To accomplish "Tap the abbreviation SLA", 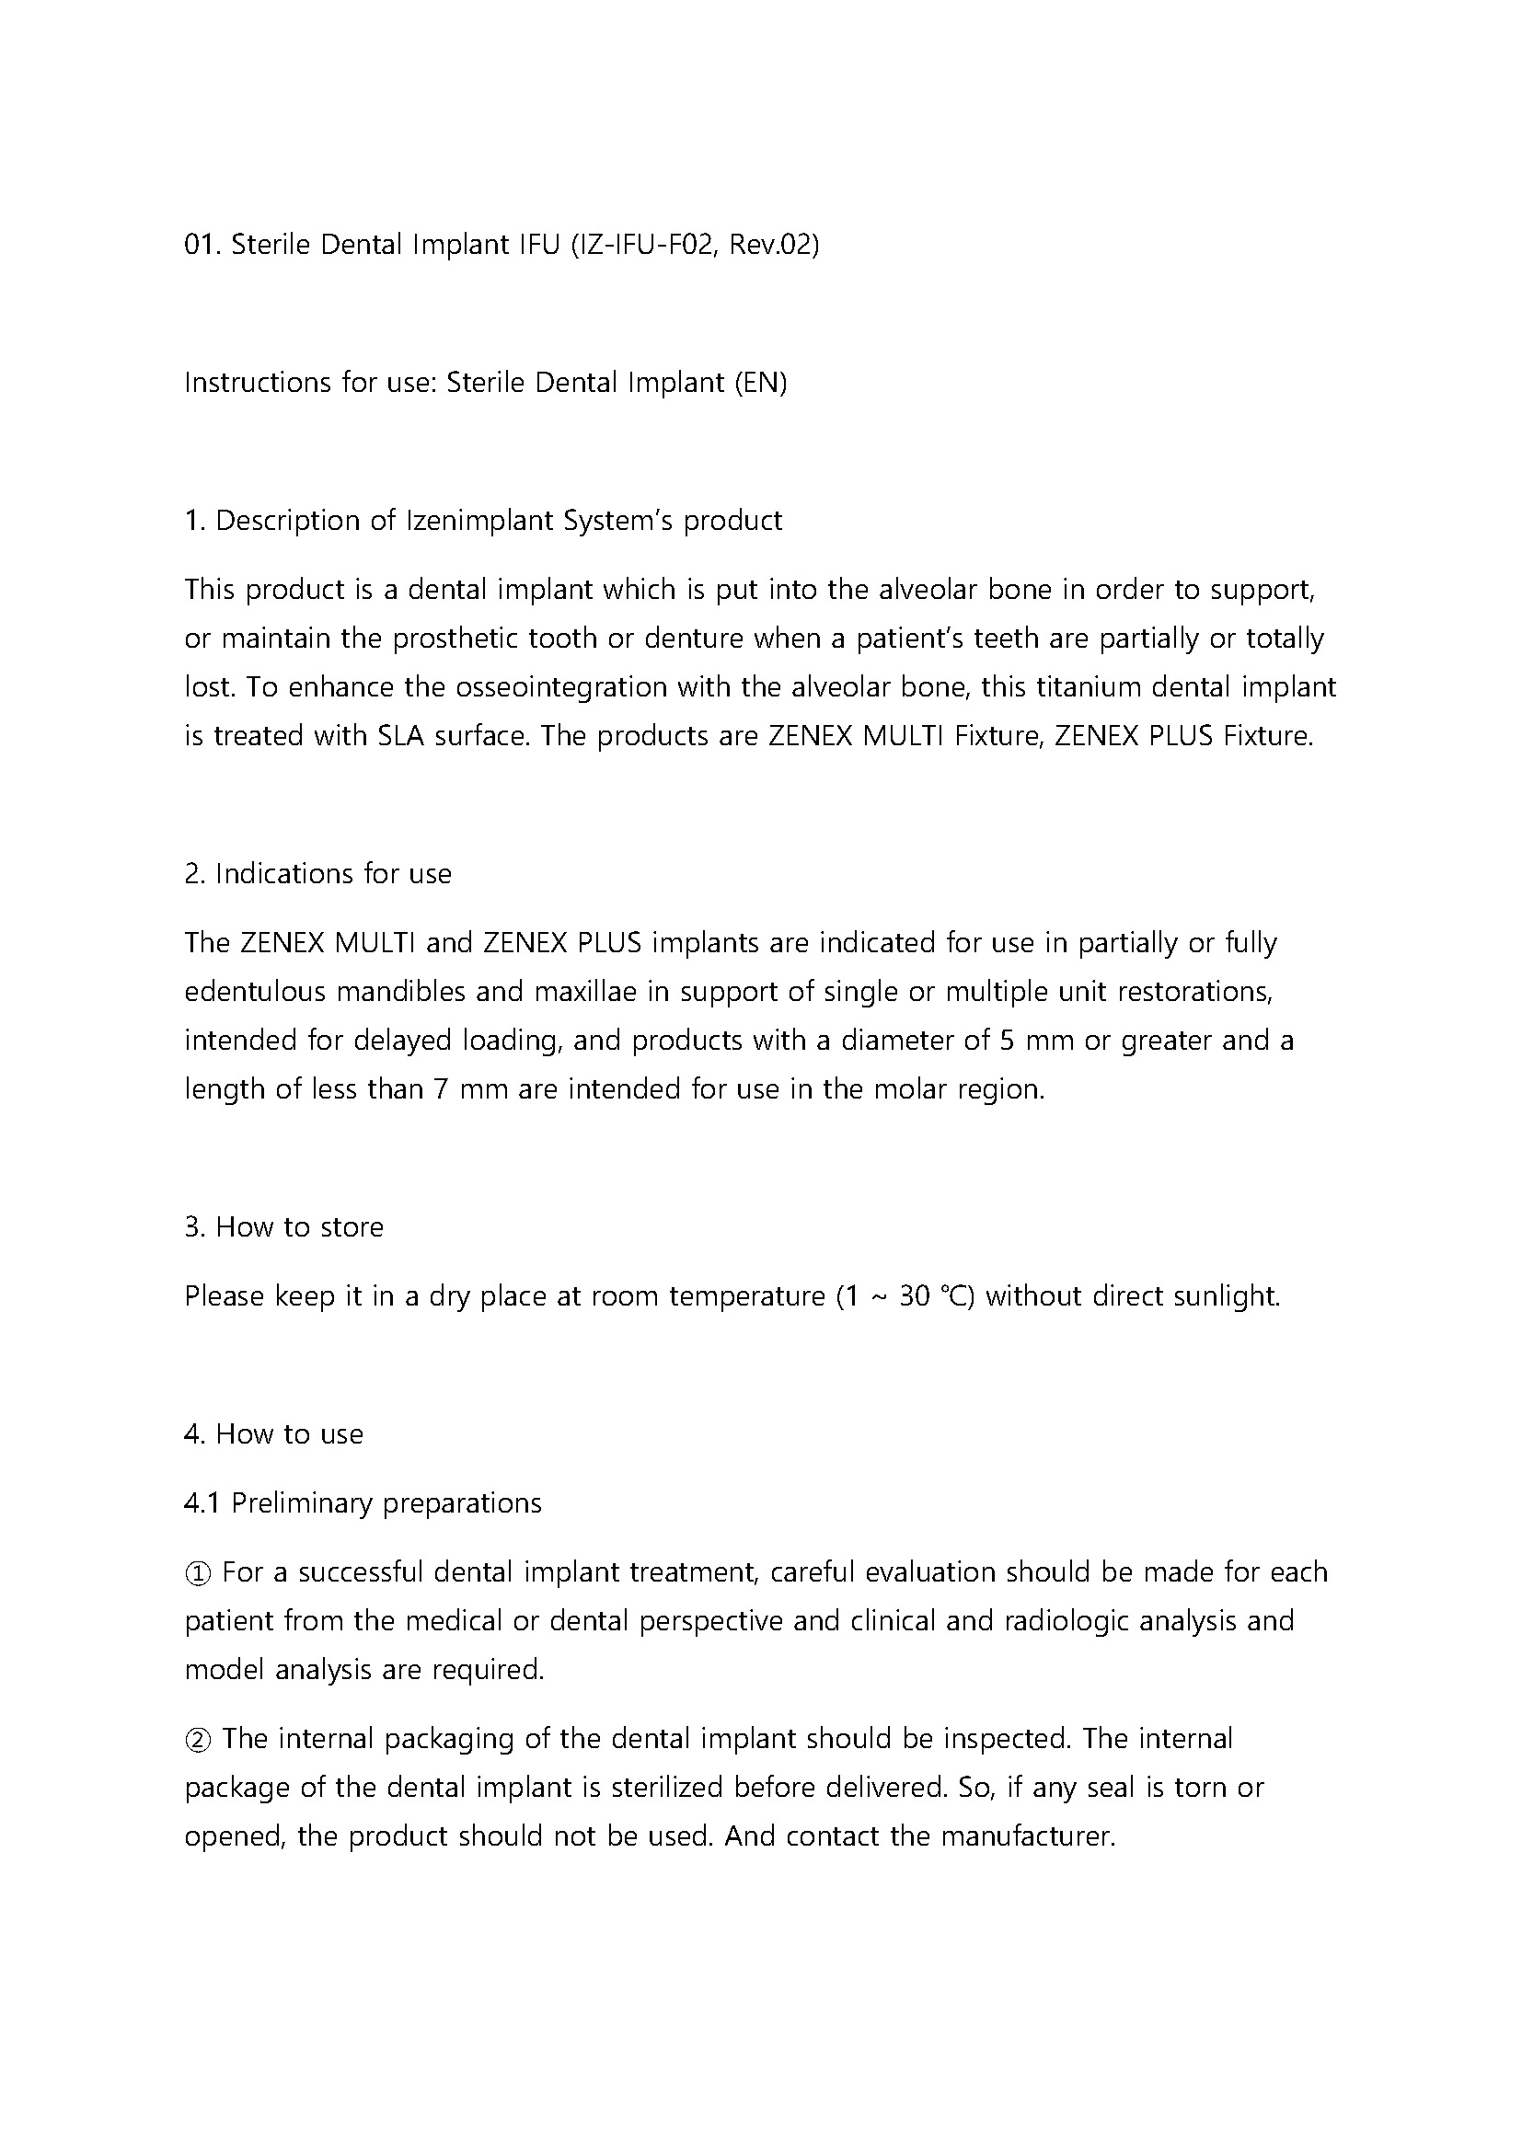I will (401, 736).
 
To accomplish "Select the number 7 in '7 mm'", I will (441, 1089).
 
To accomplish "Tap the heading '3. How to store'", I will (284, 1227).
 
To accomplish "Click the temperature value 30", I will (914, 1296).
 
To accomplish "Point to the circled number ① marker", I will (199, 1572).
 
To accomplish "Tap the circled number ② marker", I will (199, 1739).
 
